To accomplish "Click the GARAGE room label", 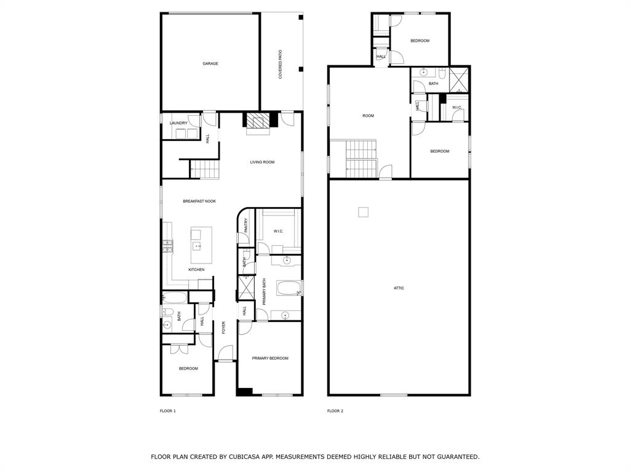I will pyautogui.click(x=210, y=63).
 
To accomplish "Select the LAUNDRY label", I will pyautogui.click(x=178, y=123).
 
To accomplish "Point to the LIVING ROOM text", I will pyautogui.click(x=262, y=163).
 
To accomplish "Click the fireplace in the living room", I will pyautogui.click(x=258, y=121).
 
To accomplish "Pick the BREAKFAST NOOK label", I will pyautogui.click(x=199, y=201).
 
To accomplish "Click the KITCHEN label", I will pyautogui.click(x=196, y=270).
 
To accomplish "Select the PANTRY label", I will pyautogui.click(x=245, y=226).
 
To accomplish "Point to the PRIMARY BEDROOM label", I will pyautogui.click(x=269, y=358).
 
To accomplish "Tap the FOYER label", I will pyautogui.click(x=223, y=327).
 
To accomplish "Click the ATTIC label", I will pyautogui.click(x=399, y=288).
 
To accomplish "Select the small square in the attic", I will pyautogui.click(x=363, y=212).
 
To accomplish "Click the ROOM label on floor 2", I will pyautogui.click(x=368, y=116).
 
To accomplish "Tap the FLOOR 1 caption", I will pyautogui.click(x=168, y=411).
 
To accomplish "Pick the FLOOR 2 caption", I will pyautogui.click(x=335, y=411).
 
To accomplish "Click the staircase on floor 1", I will pyautogui.click(x=204, y=169).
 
